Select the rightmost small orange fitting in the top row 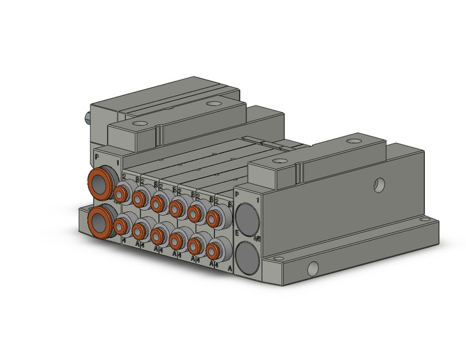click(214, 216)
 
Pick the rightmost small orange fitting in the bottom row click(214, 250)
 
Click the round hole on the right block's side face click(380, 183)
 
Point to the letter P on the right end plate click(237, 194)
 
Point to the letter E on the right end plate click(237, 234)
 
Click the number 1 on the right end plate click(257, 199)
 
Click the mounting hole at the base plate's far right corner click(422, 223)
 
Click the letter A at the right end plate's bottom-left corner click(230, 268)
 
